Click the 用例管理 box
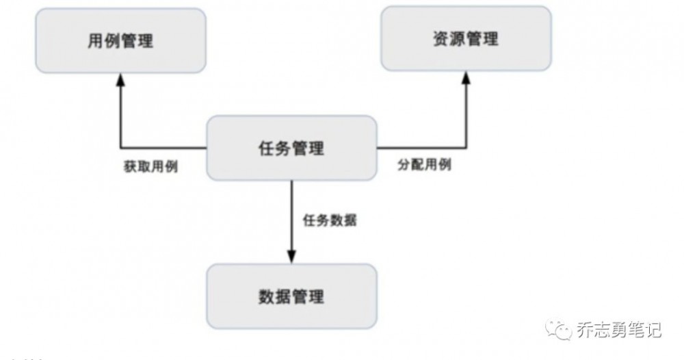[x=120, y=40]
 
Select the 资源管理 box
[x=466, y=38]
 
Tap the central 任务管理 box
[x=292, y=148]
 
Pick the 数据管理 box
[x=292, y=296]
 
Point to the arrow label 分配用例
[x=424, y=166]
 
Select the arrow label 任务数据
[x=330, y=221]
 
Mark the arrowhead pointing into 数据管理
[x=292, y=257]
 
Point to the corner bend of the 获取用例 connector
[x=121, y=147]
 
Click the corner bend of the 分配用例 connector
[x=467, y=147]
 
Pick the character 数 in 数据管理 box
[x=267, y=296]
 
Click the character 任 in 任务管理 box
[x=267, y=148]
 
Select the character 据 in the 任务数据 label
[x=350, y=221]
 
